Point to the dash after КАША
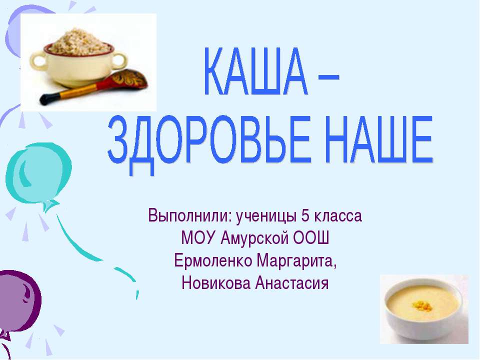click(328, 78)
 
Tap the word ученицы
click(265, 217)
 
